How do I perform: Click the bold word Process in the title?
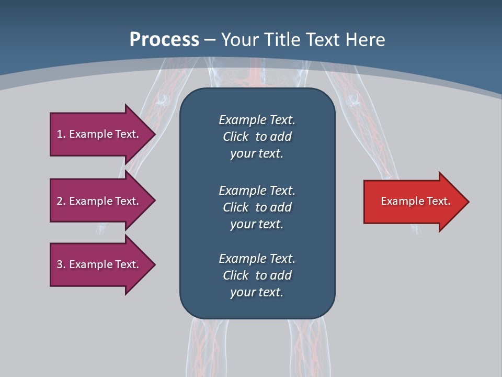(x=164, y=40)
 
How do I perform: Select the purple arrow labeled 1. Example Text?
(x=97, y=134)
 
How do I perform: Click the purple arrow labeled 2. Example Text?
(x=97, y=201)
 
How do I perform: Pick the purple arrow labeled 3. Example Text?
(x=97, y=264)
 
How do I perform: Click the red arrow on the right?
(x=413, y=202)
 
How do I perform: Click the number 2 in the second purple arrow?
(x=60, y=201)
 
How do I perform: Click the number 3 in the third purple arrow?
(x=60, y=264)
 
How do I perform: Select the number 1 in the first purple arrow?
(x=59, y=134)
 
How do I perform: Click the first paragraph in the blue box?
(x=257, y=137)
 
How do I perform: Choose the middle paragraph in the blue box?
(x=257, y=207)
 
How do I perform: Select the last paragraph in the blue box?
(x=257, y=275)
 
